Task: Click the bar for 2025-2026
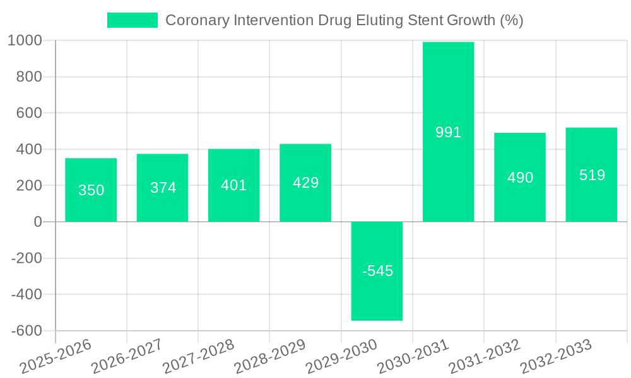click(91, 190)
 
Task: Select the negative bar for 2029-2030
click(377, 271)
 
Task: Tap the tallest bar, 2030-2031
click(448, 132)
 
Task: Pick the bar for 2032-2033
click(591, 175)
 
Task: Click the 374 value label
click(163, 188)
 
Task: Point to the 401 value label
click(234, 185)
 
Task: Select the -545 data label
click(377, 271)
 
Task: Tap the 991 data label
click(449, 132)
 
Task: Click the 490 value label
click(520, 178)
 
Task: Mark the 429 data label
click(305, 183)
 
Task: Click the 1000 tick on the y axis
click(25, 41)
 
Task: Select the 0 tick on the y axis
click(37, 222)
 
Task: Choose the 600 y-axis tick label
click(30, 113)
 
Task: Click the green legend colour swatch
click(133, 20)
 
